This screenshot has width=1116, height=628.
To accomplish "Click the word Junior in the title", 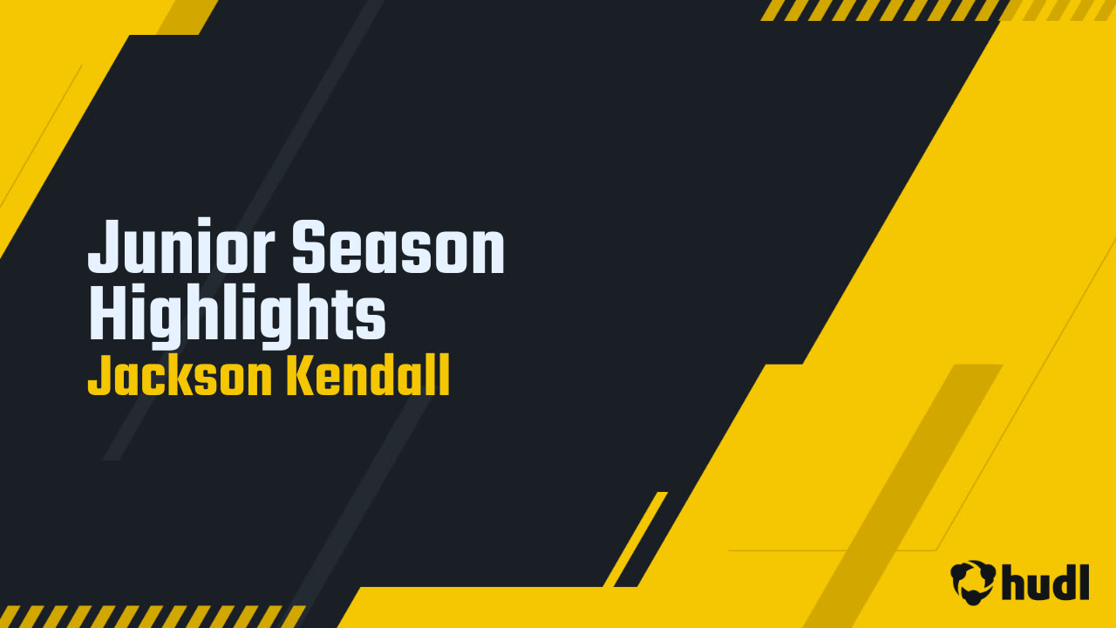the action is (181, 246).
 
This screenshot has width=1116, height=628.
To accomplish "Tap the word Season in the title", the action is (398, 247).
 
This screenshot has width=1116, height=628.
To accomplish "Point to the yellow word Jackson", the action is (180, 375).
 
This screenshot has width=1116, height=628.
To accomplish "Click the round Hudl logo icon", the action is (973, 582).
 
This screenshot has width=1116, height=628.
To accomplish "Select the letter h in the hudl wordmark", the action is (1014, 582).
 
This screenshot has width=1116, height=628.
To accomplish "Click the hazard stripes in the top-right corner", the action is (936, 10).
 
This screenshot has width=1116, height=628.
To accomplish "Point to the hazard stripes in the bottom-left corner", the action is (152, 617).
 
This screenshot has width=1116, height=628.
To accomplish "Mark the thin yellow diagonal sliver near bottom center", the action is (636, 539).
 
